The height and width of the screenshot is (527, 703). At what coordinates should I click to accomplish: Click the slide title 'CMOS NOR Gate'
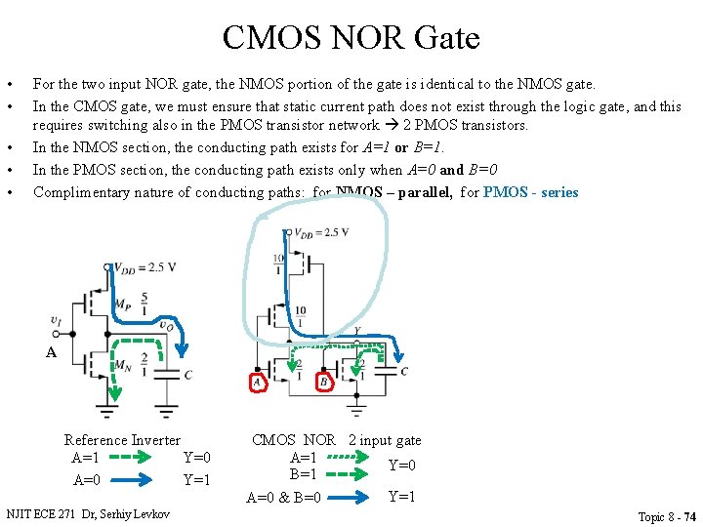351,38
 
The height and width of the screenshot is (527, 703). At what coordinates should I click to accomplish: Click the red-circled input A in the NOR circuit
258,383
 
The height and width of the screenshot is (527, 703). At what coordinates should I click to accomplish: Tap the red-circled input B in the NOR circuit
323,383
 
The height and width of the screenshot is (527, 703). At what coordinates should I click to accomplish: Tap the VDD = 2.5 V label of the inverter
145,267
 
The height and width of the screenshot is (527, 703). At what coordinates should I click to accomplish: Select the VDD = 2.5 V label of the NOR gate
321,232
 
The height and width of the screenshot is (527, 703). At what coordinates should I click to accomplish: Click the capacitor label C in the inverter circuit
187,374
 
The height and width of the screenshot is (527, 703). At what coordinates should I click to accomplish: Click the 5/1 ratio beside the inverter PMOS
145,298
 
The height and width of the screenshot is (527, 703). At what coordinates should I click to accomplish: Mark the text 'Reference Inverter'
122,440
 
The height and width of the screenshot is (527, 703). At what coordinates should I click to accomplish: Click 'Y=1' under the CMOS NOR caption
402,497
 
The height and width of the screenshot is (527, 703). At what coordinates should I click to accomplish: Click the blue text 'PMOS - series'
530,192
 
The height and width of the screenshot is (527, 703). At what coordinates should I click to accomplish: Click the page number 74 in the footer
689,516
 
